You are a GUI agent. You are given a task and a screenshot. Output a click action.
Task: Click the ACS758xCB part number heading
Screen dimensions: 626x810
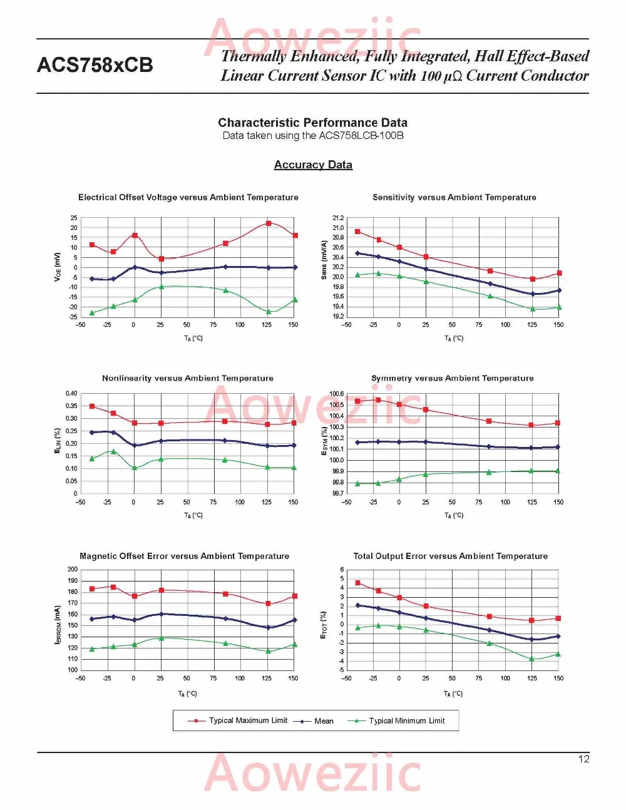click(x=95, y=65)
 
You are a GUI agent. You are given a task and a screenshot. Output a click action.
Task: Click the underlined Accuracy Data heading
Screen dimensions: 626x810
click(x=313, y=165)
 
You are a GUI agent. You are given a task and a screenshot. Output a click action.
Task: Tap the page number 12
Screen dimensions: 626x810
click(x=583, y=759)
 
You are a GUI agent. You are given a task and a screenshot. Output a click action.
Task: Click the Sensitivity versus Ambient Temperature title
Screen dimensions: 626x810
click(x=454, y=198)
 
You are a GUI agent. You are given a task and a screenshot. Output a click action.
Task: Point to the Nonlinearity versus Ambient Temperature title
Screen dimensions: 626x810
click(x=188, y=378)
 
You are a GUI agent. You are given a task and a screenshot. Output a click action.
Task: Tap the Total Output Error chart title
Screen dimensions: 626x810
click(x=451, y=556)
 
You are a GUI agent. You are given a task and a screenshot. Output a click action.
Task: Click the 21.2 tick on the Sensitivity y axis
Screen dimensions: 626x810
click(x=338, y=218)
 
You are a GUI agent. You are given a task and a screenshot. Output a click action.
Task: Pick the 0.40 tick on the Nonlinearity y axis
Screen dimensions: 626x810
click(x=71, y=394)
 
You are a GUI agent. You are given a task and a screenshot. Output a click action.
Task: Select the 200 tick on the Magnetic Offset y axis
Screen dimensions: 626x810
click(x=73, y=569)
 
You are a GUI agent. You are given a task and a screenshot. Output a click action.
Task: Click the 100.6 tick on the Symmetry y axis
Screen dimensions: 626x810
click(x=337, y=394)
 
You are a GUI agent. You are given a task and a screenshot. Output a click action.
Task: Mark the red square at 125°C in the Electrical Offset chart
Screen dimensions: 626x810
click(x=269, y=223)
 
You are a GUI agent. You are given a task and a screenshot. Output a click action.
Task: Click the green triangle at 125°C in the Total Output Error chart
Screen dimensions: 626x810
click(x=531, y=659)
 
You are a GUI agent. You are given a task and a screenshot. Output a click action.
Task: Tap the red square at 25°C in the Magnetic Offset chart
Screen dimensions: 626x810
click(x=162, y=590)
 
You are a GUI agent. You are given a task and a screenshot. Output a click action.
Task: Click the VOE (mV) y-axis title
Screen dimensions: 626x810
click(x=57, y=267)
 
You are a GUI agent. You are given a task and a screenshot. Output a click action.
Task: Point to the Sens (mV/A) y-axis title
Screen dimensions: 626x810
click(x=324, y=260)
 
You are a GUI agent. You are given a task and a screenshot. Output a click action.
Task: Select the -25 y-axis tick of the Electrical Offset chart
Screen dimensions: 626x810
click(x=73, y=317)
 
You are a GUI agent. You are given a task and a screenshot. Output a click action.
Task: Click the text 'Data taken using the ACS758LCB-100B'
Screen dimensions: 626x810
click(x=313, y=135)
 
